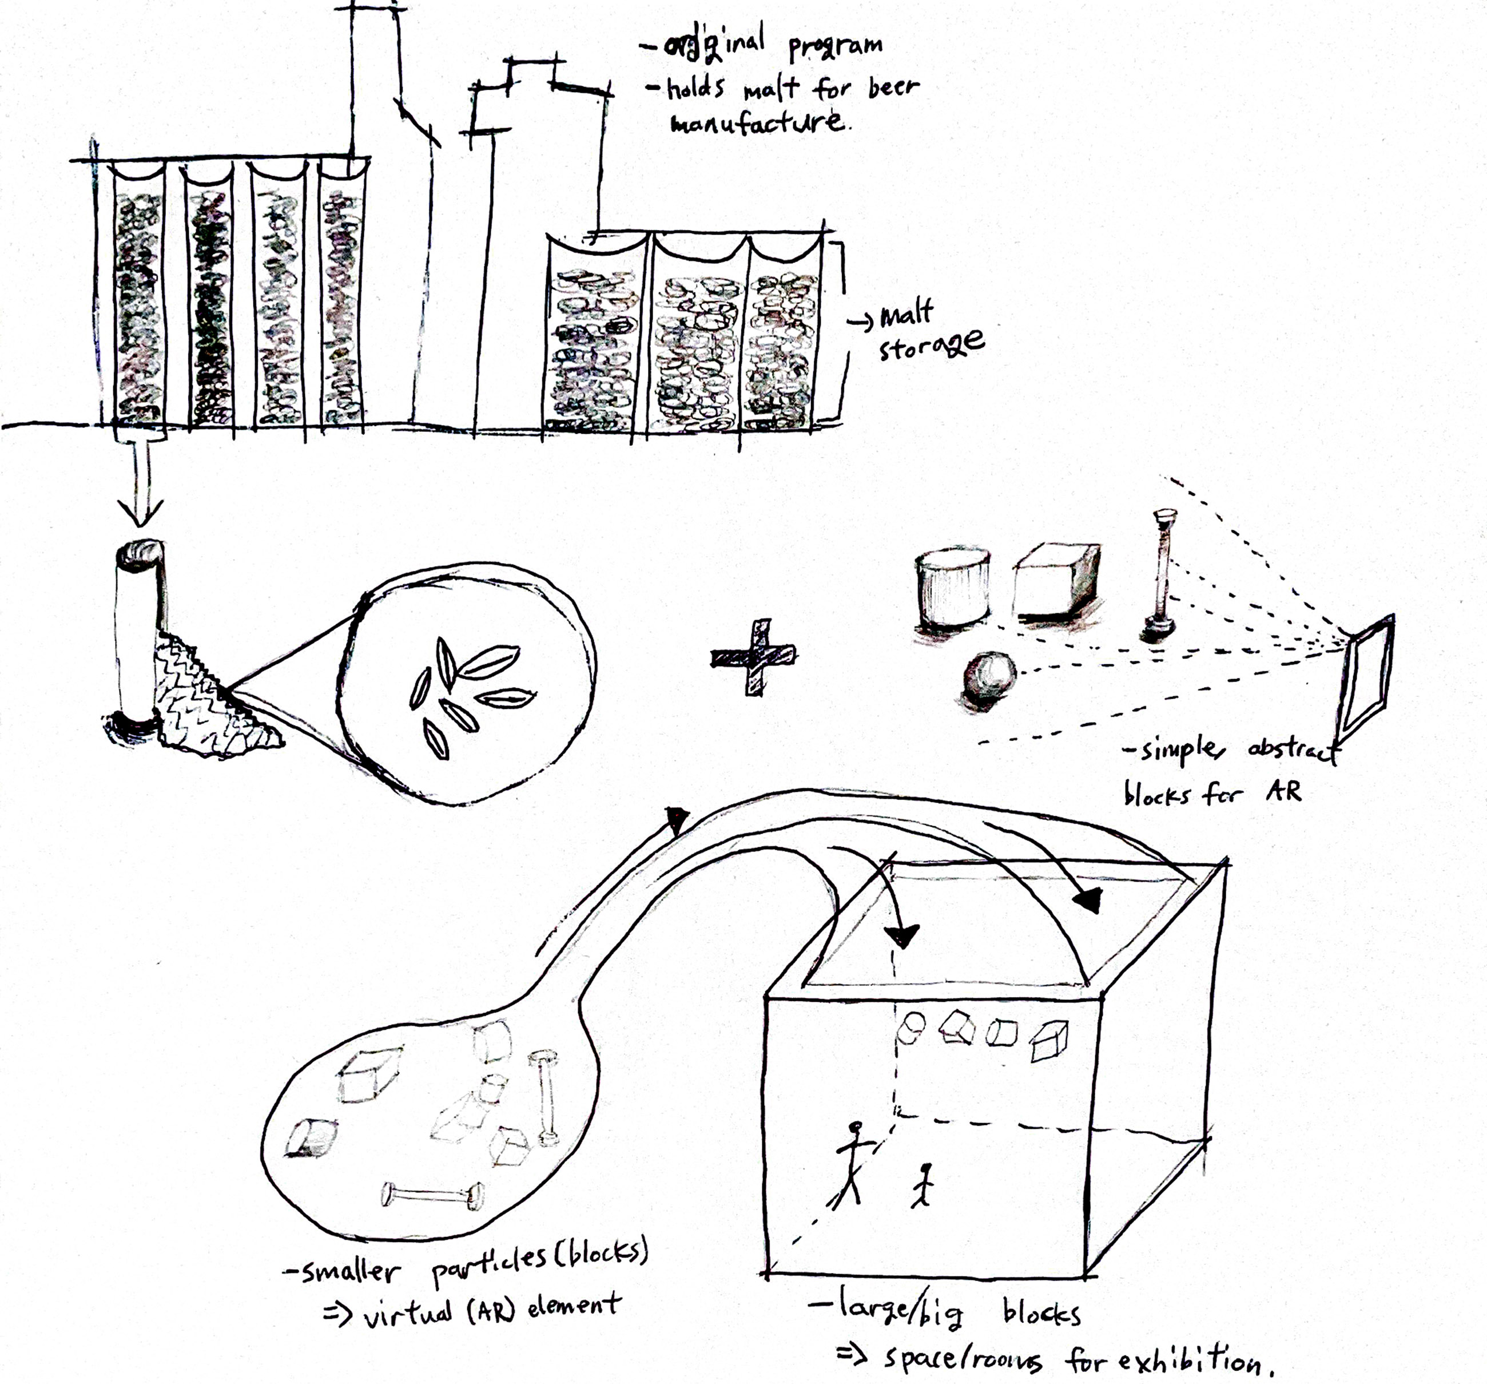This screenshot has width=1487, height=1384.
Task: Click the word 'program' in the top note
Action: [836, 46]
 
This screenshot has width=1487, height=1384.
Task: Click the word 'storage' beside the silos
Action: [931, 346]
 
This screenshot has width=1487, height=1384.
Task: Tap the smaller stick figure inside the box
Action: [924, 1185]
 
